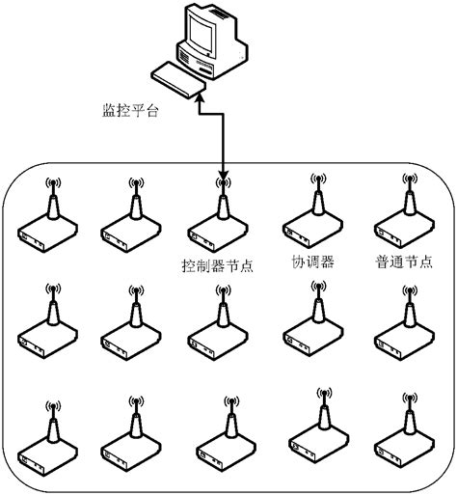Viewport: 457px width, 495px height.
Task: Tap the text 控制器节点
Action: (x=218, y=263)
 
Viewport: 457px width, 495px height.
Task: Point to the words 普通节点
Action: (x=401, y=261)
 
